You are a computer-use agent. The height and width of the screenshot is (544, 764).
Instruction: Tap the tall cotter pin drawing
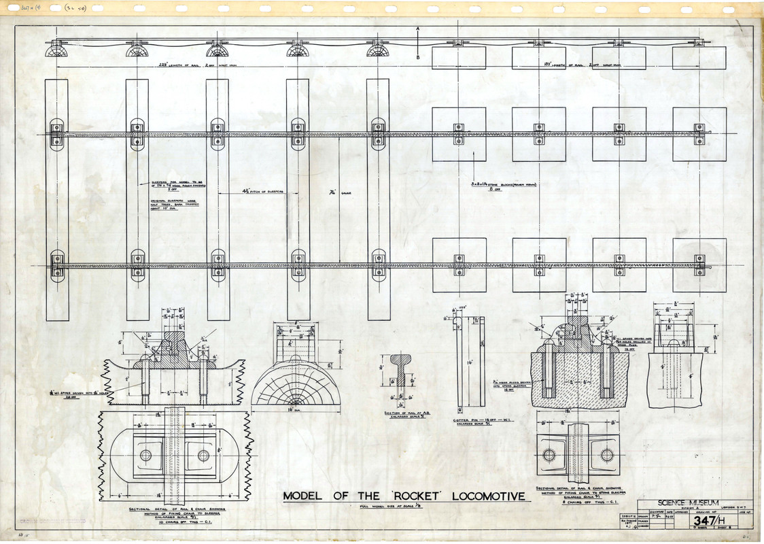pos(469,363)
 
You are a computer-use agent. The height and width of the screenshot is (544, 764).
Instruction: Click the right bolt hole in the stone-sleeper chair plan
pos(606,455)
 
